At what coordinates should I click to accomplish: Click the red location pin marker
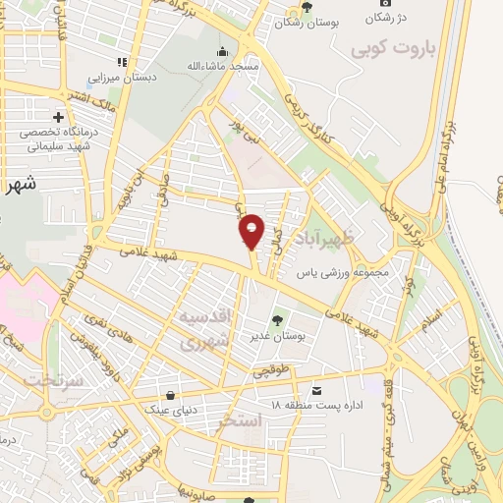pyautogui.click(x=251, y=232)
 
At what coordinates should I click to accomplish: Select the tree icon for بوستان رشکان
pyautogui.click(x=307, y=6)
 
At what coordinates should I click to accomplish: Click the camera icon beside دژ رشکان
pyautogui.click(x=384, y=6)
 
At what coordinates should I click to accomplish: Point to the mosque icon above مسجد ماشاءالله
pyautogui.click(x=223, y=51)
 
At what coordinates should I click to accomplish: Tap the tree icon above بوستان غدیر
pyautogui.click(x=278, y=318)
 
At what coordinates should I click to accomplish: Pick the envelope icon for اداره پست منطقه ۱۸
pyautogui.click(x=315, y=389)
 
